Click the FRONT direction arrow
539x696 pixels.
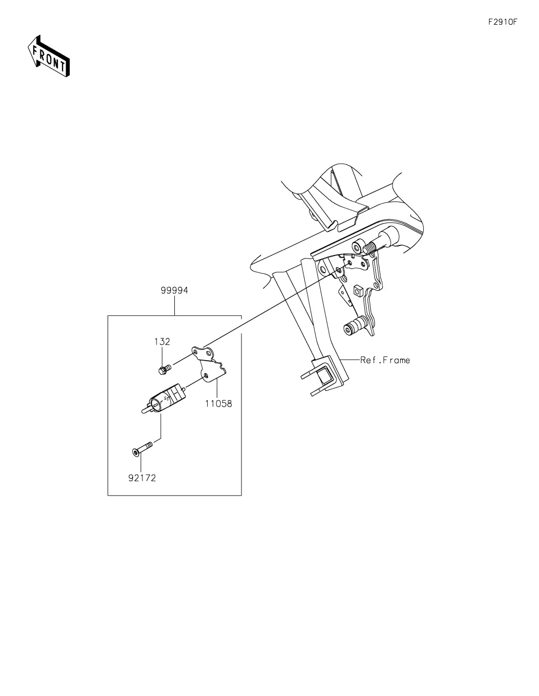(x=48, y=56)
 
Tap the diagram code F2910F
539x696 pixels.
(x=503, y=22)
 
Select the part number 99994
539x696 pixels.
(x=174, y=290)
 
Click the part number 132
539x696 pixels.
(x=162, y=342)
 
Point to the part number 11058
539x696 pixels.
(x=219, y=404)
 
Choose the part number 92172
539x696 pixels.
(x=142, y=477)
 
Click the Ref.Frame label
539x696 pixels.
(x=385, y=360)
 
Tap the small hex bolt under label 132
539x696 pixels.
(x=164, y=370)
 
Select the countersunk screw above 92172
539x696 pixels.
(x=144, y=449)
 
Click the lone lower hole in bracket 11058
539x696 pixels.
(x=206, y=376)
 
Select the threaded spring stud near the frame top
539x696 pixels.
(x=370, y=248)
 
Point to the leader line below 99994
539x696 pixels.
(x=174, y=306)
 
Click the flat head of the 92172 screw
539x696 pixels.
(x=136, y=452)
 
